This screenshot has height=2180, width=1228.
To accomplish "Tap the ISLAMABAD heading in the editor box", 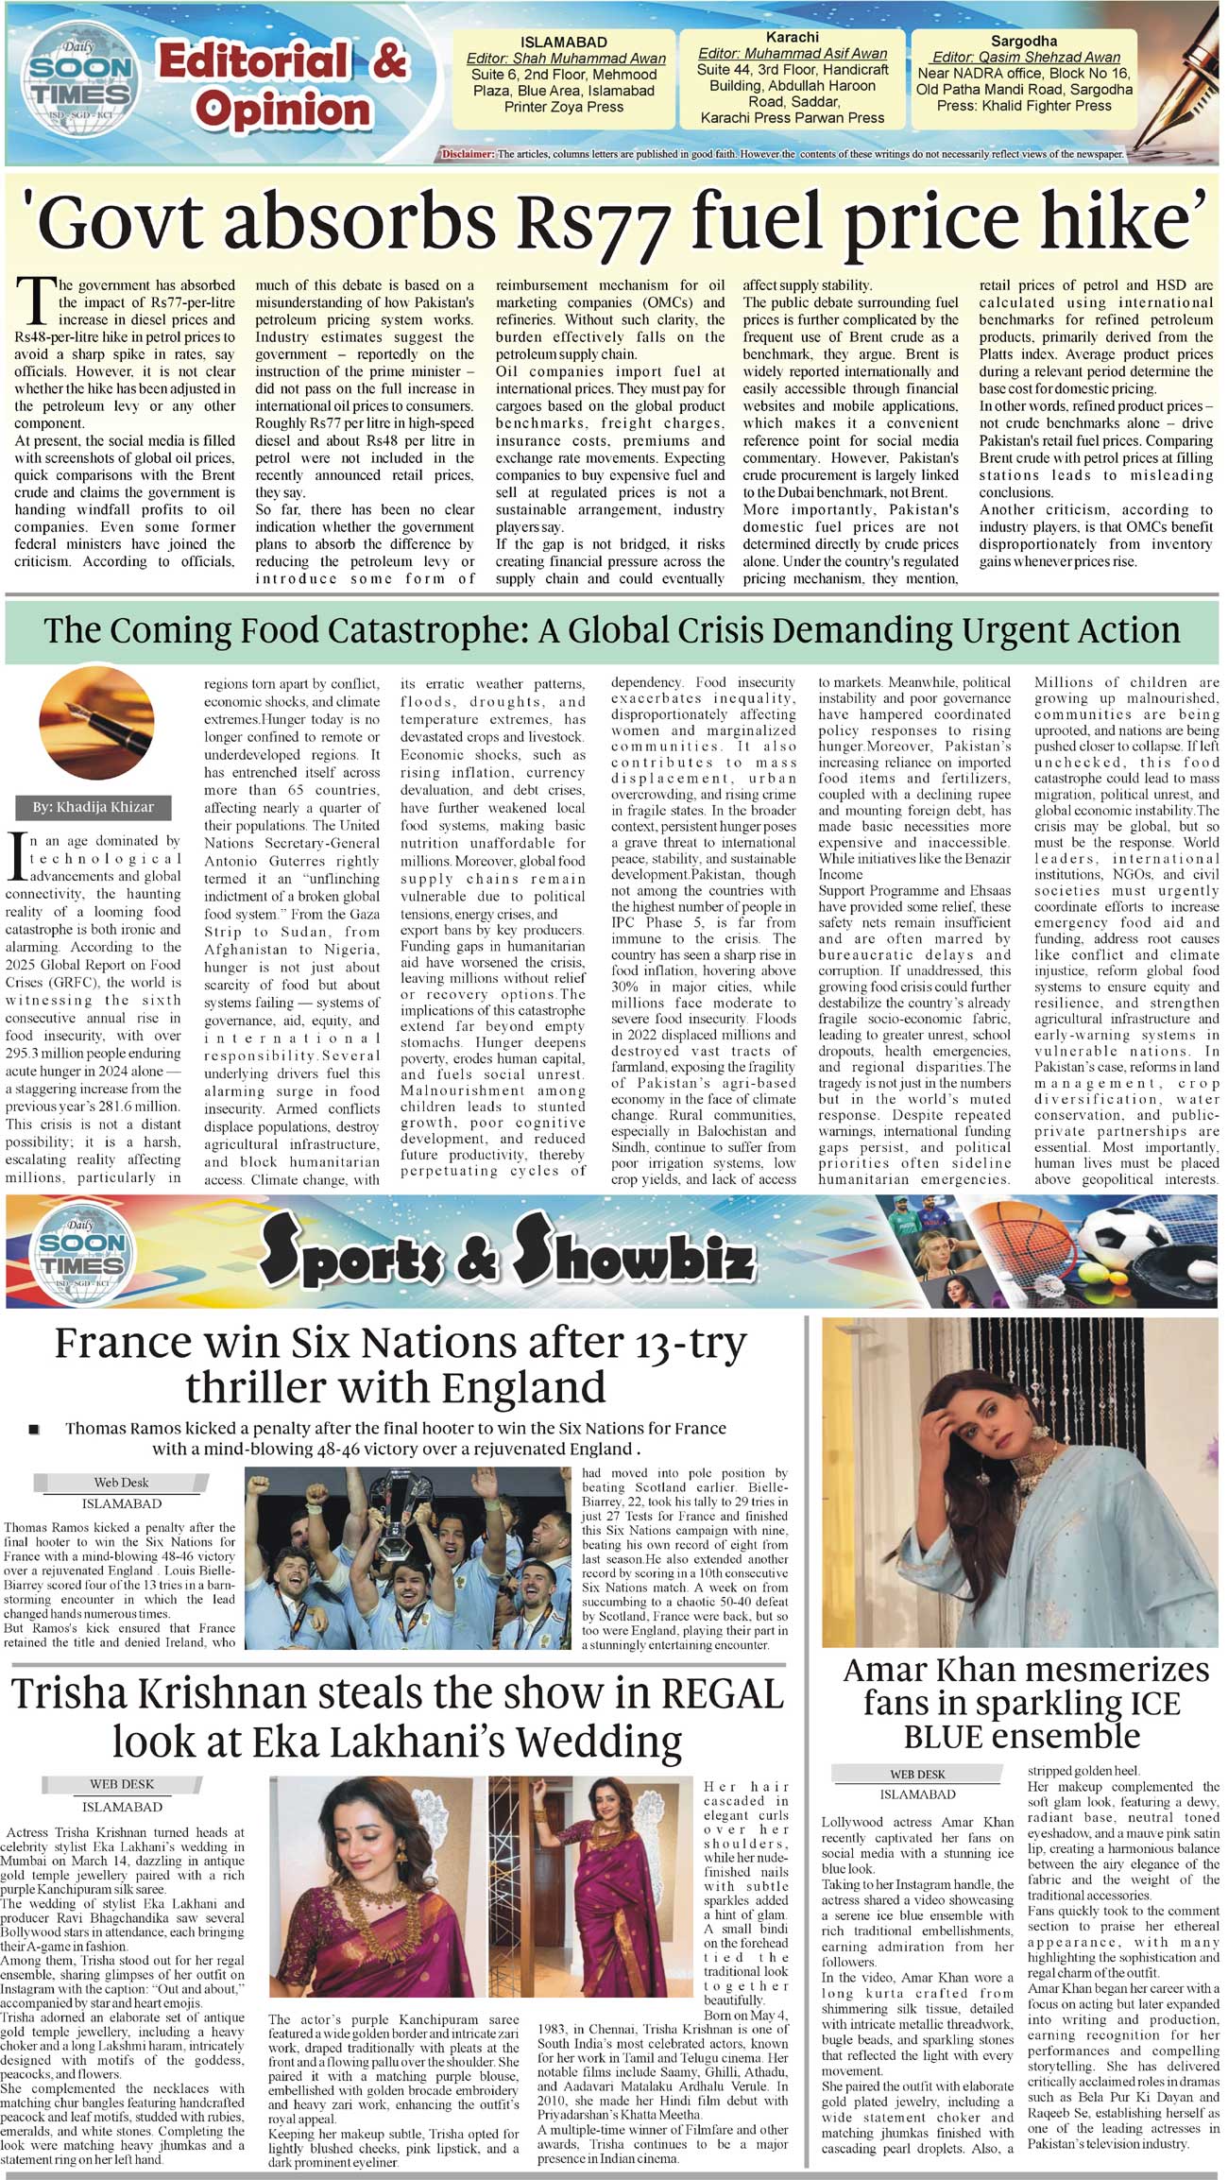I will [564, 43].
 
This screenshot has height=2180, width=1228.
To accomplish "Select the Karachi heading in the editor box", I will [793, 37].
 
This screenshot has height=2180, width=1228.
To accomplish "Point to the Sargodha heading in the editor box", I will [1024, 42].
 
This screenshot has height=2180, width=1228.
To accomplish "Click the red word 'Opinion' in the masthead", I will [283, 110].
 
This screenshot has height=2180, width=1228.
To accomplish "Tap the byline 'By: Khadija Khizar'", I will [92, 807].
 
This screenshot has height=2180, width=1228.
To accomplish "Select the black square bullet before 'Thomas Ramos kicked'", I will [34, 1429].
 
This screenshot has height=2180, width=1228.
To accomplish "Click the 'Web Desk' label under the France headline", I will [121, 1483].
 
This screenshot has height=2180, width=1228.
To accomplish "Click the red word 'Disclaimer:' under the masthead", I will [468, 154].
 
